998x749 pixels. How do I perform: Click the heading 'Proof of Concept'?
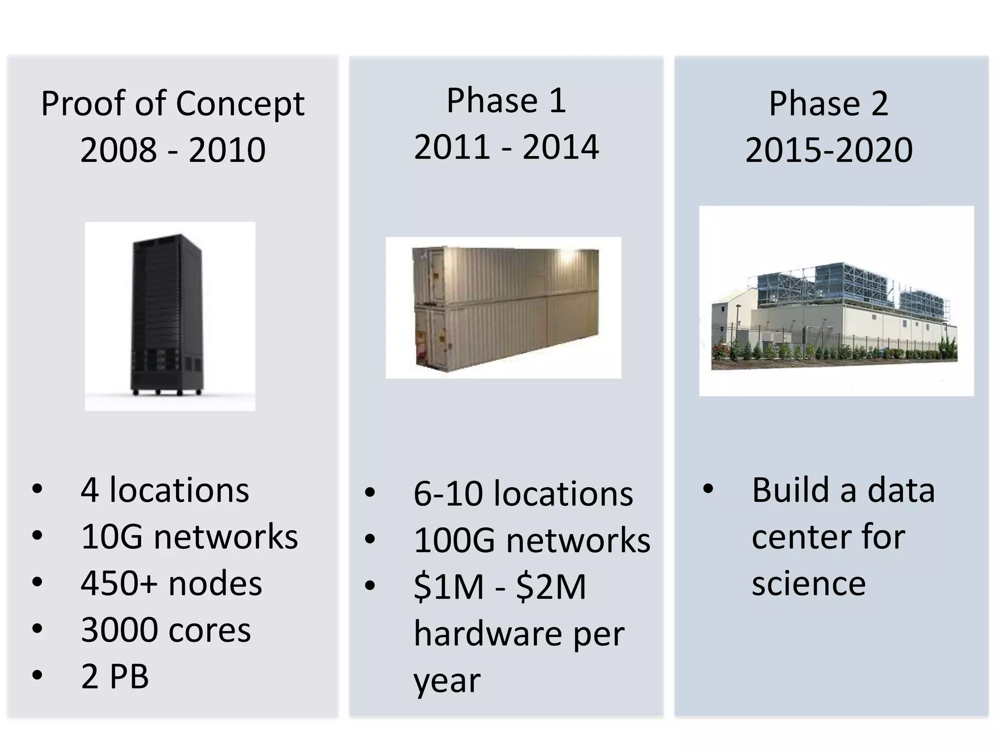pyautogui.click(x=173, y=104)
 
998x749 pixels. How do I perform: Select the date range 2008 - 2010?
pyautogui.click(x=173, y=150)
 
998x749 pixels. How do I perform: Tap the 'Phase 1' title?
pyautogui.click(x=506, y=101)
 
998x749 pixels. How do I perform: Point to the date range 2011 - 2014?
pyautogui.click(x=506, y=147)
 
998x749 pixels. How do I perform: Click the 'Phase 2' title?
pyautogui.click(x=828, y=104)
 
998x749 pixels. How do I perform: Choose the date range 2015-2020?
pyautogui.click(x=828, y=150)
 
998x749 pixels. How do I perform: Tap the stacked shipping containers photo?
pyautogui.click(x=504, y=308)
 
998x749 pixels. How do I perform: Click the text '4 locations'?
pyautogui.click(x=165, y=490)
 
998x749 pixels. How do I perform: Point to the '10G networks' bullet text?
pyautogui.click(x=189, y=537)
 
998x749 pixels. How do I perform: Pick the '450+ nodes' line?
pyautogui.click(x=171, y=583)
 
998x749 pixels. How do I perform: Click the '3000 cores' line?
pyautogui.click(x=166, y=630)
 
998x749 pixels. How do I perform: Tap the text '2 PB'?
pyautogui.click(x=115, y=676)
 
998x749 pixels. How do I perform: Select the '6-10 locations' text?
pyautogui.click(x=523, y=494)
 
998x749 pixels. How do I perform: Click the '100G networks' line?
pyautogui.click(x=532, y=541)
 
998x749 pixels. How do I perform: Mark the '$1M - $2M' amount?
pyautogui.click(x=499, y=587)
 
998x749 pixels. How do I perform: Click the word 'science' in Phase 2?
pyautogui.click(x=808, y=584)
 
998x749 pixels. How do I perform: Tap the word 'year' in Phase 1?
pyautogui.click(x=446, y=681)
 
